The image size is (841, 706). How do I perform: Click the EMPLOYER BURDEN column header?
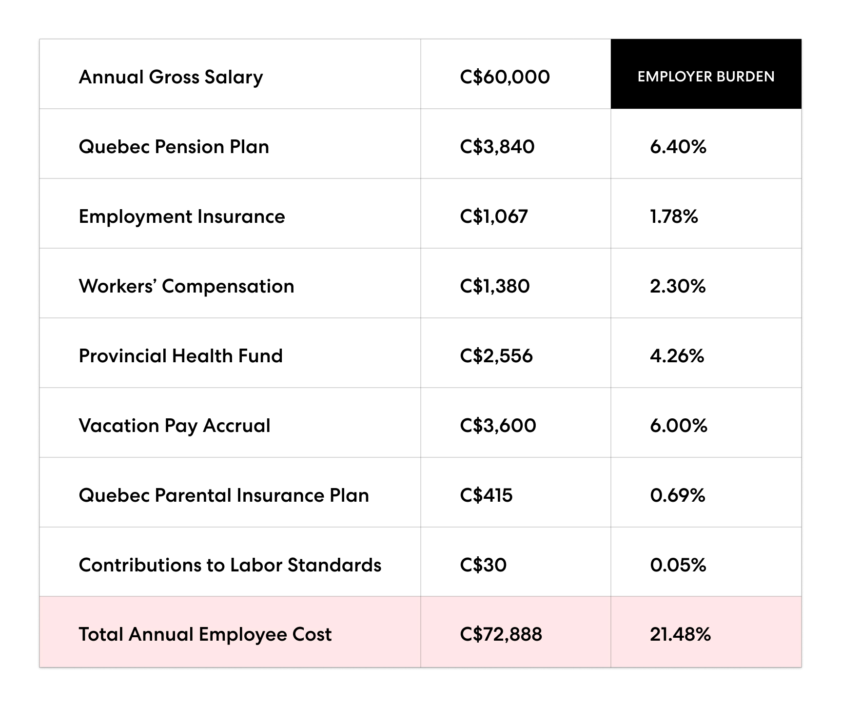pyautogui.click(x=705, y=77)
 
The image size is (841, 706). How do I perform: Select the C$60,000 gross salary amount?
pyautogui.click(x=505, y=77)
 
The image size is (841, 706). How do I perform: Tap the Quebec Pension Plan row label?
pyautogui.click(x=174, y=147)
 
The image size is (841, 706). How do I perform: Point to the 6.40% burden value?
pyautogui.click(x=678, y=147)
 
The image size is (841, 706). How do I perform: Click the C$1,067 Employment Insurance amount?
pyautogui.click(x=493, y=216)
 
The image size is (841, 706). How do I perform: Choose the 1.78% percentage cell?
pyautogui.click(x=674, y=216)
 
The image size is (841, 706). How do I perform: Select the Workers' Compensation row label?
pyautogui.click(x=186, y=286)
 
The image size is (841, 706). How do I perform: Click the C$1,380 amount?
pyautogui.click(x=494, y=286)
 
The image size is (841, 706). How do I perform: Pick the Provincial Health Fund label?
pyautogui.click(x=180, y=356)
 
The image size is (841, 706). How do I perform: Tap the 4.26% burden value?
pyautogui.click(x=677, y=356)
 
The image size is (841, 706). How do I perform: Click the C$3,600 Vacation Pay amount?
pyautogui.click(x=498, y=426)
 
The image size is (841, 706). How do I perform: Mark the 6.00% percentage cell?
pyautogui.click(x=678, y=426)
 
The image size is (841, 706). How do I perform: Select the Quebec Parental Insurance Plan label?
pyautogui.click(x=224, y=495)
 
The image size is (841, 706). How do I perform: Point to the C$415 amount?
pyautogui.click(x=486, y=495)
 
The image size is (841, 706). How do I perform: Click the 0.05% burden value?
pyautogui.click(x=678, y=565)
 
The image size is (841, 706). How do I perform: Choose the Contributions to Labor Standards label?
pyautogui.click(x=230, y=565)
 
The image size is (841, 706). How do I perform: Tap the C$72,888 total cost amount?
pyautogui.click(x=501, y=634)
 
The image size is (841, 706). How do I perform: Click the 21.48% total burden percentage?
pyautogui.click(x=680, y=634)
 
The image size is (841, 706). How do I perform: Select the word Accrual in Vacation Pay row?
pyautogui.click(x=236, y=426)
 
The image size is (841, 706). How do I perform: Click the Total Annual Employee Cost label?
pyautogui.click(x=205, y=634)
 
